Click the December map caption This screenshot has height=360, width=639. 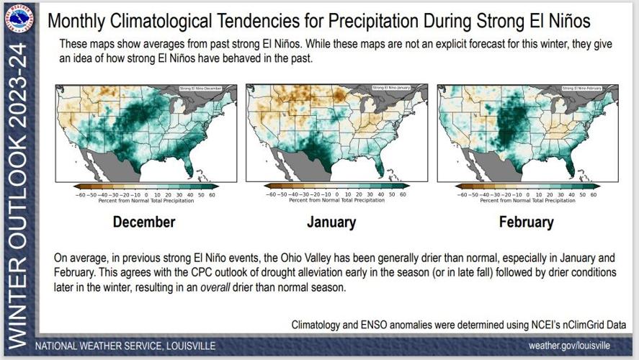(144, 222)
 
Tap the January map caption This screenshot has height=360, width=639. (331, 222)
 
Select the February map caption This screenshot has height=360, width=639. (526, 222)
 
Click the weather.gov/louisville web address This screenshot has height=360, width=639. (574, 345)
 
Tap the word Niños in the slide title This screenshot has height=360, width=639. (564, 21)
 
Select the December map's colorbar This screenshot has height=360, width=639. (146, 186)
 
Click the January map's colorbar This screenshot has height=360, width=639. (336, 186)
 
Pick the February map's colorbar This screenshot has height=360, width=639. (527, 186)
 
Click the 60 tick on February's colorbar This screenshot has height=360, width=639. (594, 194)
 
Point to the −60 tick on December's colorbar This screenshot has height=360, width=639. (81, 194)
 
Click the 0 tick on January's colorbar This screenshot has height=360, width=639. (337, 194)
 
